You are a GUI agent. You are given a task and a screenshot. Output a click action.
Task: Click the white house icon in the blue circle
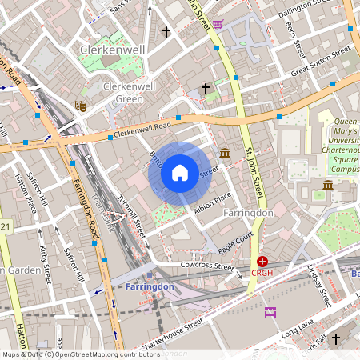click(x=180, y=173)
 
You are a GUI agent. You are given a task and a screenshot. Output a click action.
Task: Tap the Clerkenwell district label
click(x=111, y=50)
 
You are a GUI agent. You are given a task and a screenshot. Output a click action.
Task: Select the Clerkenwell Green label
click(x=124, y=92)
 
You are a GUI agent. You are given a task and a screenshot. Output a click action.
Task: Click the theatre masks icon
click(x=80, y=105)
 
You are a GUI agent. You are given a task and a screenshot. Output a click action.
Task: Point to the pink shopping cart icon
click(x=218, y=24)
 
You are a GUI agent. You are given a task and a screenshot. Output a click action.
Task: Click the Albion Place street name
click(x=212, y=204)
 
